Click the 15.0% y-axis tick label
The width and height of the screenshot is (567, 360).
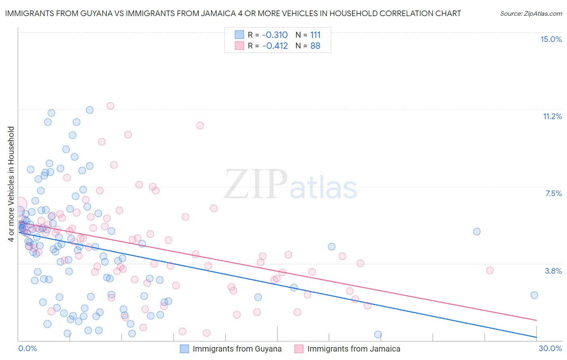pyautogui.click(x=551, y=39)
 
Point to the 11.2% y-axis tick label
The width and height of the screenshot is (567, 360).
pyautogui.click(x=552, y=116)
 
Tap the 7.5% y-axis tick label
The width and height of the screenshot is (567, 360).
pyautogui.click(x=553, y=193)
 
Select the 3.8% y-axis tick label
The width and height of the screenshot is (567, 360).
pyautogui.click(x=553, y=271)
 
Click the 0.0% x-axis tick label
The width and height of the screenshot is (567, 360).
pyautogui.click(x=27, y=348)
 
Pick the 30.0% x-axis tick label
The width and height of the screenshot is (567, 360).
pyautogui.click(x=550, y=348)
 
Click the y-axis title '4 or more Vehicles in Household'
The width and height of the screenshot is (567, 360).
pyautogui.click(x=11, y=184)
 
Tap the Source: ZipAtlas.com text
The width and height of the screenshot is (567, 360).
pyautogui.click(x=531, y=14)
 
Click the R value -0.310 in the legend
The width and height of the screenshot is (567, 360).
pyautogui.click(x=275, y=35)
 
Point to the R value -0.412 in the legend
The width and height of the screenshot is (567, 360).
pyautogui.click(x=275, y=46)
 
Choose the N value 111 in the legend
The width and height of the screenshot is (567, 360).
pyautogui.click(x=315, y=35)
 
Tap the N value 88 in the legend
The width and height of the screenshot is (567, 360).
pyautogui.click(x=315, y=46)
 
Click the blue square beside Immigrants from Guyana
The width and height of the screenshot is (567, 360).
pyautogui.click(x=184, y=349)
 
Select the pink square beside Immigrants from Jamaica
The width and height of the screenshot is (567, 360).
pyautogui.click(x=299, y=349)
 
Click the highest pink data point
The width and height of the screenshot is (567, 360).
pyautogui.click(x=110, y=106)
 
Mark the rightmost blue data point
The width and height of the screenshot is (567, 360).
pyautogui.click(x=534, y=295)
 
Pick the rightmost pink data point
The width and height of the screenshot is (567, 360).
pyautogui.click(x=490, y=270)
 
